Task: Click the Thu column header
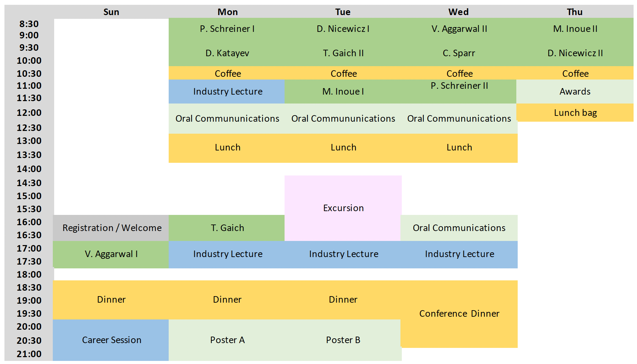pos(575,12)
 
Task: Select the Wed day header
pos(458,12)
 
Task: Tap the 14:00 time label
pos(29,169)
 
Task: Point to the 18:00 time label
pos(29,275)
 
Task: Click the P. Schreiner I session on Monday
pos(227,29)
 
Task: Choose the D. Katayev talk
pos(227,53)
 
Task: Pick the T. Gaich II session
pos(343,53)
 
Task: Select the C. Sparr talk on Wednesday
pos(459,53)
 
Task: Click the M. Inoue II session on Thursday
pos(575,29)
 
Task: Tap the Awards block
pos(575,92)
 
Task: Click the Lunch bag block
pos(575,113)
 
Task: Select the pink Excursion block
pos(343,208)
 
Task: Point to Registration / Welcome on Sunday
pos(112,228)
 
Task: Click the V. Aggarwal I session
pos(111,254)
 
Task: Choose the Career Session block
pos(111,340)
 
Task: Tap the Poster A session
pos(227,340)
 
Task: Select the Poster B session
pos(343,340)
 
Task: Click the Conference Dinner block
pos(459,314)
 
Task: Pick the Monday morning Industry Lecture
pos(227,92)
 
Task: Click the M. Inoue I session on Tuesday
pos(343,92)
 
